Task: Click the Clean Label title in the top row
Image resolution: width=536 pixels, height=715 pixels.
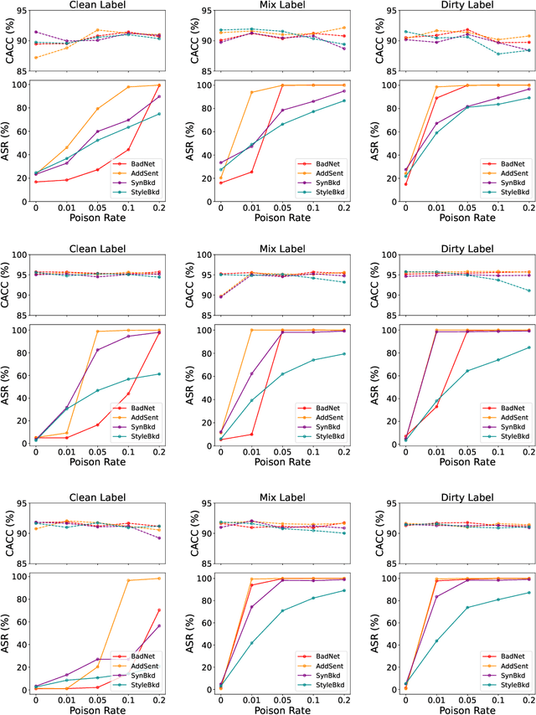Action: (x=97, y=6)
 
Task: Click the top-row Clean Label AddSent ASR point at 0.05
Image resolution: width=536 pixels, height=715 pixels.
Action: (x=97, y=109)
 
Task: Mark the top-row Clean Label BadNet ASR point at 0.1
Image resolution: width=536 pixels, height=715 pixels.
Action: (x=128, y=150)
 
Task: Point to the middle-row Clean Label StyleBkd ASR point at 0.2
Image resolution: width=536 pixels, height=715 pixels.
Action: (x=159, y=374)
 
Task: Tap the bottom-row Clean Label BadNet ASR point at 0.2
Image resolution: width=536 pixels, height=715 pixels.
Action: (x=159, y=610)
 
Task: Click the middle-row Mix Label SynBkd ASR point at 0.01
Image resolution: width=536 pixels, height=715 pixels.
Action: (x=251, y=373)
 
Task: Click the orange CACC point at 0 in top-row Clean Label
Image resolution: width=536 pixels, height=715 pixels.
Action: (x=35, y=58)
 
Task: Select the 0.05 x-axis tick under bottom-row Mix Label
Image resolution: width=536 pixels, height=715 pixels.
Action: (x=282, y=698)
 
